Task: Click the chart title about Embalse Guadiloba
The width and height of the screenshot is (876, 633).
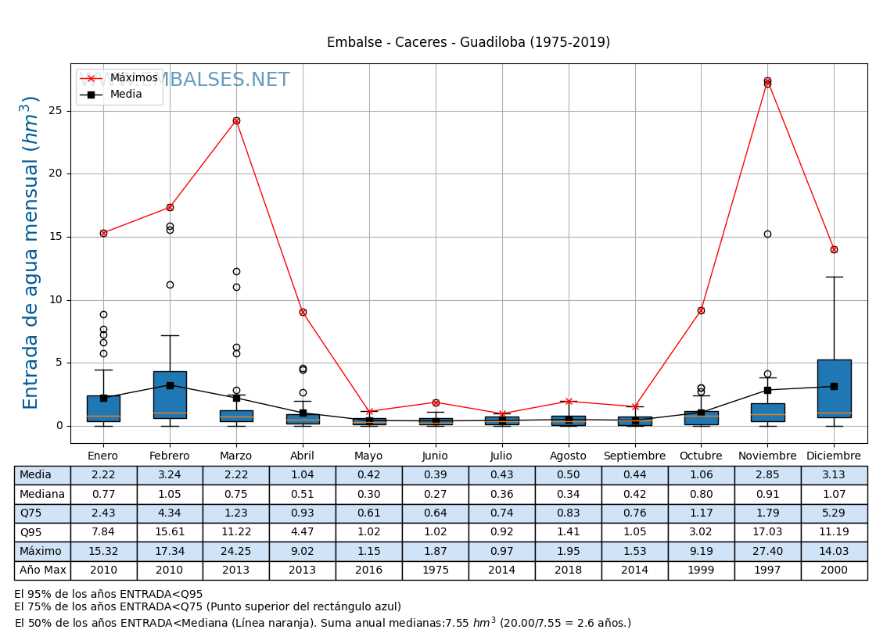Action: (x=468, y=43)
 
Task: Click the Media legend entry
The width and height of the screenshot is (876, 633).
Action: (x=126, y=95)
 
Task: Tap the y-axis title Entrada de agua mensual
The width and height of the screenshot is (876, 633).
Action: (x=31, y=252)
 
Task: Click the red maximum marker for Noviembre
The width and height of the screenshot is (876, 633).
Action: (x=767, y=81)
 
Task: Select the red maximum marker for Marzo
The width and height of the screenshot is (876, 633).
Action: (x=236, y=120)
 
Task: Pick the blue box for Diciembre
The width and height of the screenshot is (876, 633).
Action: (x=834, y=388)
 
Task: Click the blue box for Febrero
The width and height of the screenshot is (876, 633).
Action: (x=170, y=395)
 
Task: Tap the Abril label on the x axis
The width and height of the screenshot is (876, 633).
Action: (x=303, y=456)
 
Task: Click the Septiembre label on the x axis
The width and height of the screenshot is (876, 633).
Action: (x=634, y=456)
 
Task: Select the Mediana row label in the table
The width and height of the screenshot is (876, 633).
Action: (x=42, y=494)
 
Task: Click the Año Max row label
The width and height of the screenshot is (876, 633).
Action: (x=42, y=570)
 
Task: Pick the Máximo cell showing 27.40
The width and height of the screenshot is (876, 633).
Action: (x=767, y=551)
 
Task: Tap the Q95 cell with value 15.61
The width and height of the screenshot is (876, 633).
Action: (x=170, y=532)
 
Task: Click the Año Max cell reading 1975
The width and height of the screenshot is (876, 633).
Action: (x=435, y=570)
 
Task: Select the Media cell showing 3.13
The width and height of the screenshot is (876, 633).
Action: (x=834, y=475)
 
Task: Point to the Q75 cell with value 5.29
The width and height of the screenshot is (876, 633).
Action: (x=834, y=513)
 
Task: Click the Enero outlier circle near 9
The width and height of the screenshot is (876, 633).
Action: (x=103, y=314)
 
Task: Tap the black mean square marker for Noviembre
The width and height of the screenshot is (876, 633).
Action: (x=767, y=390)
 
